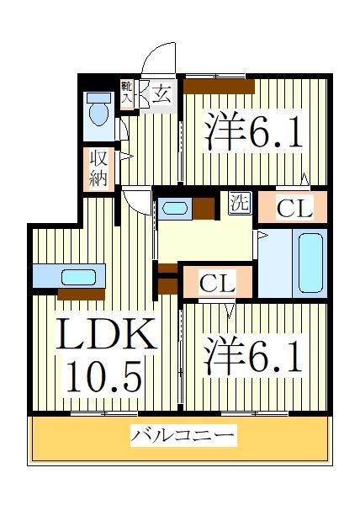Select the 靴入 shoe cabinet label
click(x=128, y=93)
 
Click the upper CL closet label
click(x=294, y=209)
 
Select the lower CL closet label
click(x=217, y=283)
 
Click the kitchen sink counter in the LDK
click(x=68, y=276)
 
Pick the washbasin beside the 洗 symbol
click(x=177, y=207)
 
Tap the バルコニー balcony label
click(x=183, y=436)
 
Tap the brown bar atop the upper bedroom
click(x=219, y=85)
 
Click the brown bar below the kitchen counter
click(x=81, y=295)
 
